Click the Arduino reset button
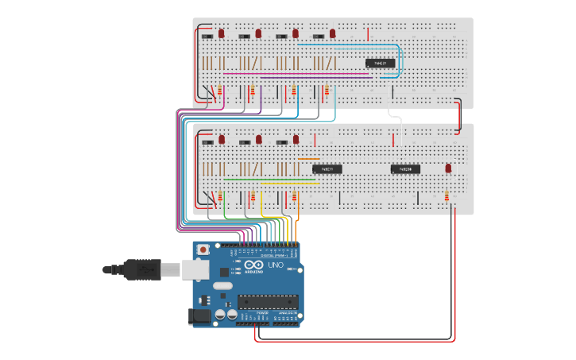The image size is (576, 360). point(206,250)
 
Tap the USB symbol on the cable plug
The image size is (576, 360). point(145,270)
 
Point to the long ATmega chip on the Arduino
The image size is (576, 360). point(268,301)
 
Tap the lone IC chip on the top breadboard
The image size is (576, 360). point(379,63)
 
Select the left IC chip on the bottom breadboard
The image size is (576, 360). point(326,168)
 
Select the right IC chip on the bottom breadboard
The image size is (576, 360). point(405,168)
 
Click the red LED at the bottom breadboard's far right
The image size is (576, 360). point(448,168)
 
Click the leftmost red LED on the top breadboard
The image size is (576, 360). point(221,33)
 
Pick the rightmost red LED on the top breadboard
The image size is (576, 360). point(333,33)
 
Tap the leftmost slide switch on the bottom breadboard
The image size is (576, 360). point(208,142)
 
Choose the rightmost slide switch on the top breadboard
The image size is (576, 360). point(319,36)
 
